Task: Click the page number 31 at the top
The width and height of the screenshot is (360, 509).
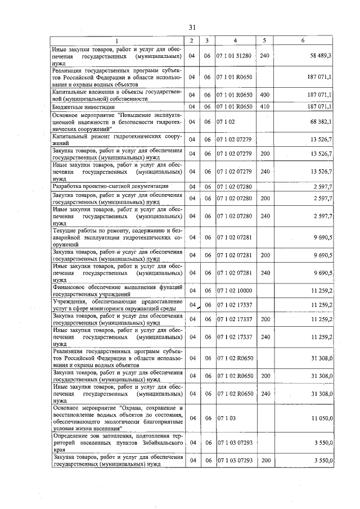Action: (192, 27)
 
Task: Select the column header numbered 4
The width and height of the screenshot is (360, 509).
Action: (235, 40)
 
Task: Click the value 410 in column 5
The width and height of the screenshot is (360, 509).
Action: (265, 106)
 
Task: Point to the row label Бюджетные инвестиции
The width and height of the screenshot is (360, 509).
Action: (84, 106)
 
